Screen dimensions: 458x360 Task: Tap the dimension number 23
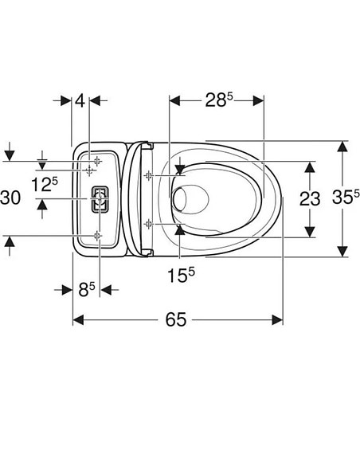pyautogui.click(x=309, y=198)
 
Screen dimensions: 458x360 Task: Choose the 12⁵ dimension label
pyautogui.click(x=45, y=185)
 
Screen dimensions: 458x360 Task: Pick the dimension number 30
pyautogui.click(x=11, y=198)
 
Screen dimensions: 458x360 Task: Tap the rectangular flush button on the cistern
pyautogui.click(x=99, y=199)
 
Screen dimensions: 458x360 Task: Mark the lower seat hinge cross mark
pyautogui.click(x=148, y=224)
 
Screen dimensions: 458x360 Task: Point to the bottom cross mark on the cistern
pyautogui.click(x=97, y=235)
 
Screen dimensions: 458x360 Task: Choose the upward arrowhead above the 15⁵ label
pyautogui.click(x=181, y=229)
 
